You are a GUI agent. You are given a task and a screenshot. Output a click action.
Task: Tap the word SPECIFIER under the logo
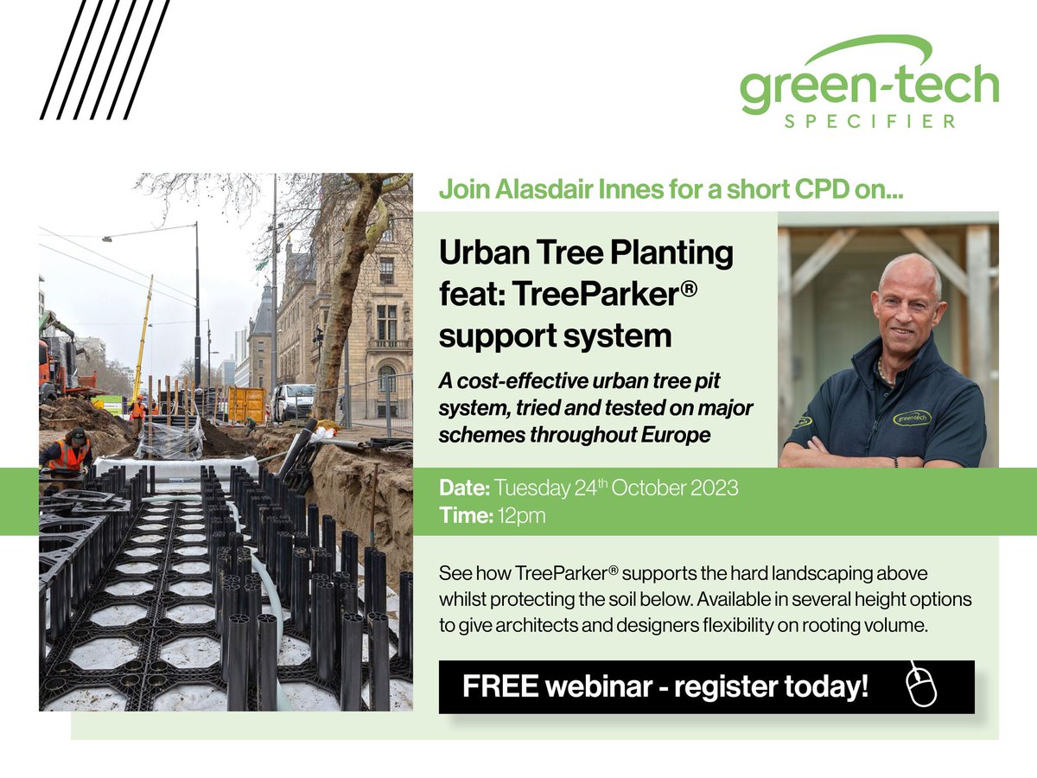869,122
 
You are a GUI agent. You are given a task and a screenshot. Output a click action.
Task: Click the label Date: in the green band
463,488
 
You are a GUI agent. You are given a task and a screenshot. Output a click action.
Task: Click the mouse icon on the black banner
922,686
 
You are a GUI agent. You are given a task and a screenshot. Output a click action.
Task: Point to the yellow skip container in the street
245,404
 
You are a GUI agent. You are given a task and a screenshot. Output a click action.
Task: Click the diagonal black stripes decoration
105,59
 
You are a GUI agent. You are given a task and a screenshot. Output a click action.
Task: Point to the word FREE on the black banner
496,686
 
